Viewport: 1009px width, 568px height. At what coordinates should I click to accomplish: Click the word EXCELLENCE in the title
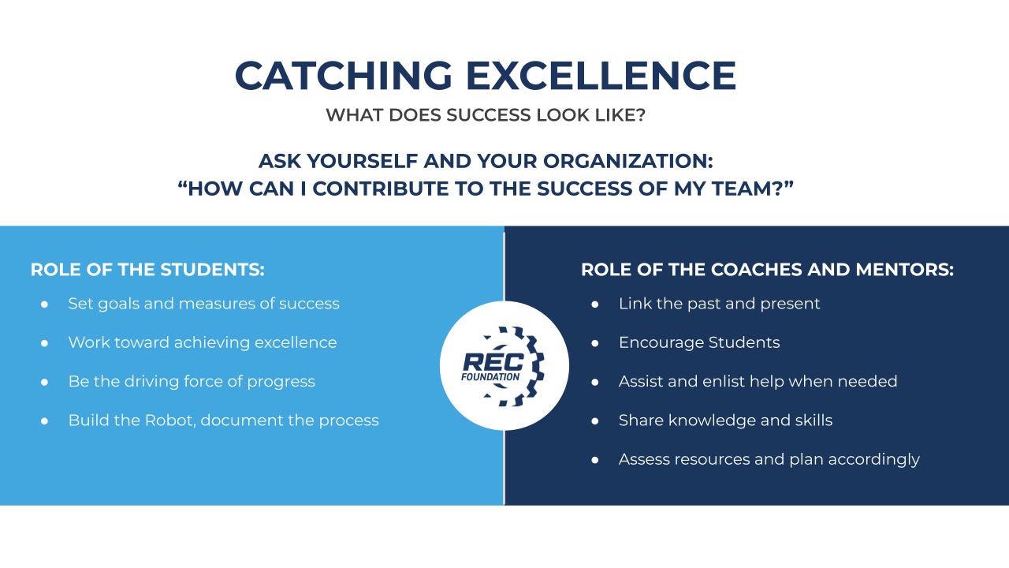[x=601, y=76]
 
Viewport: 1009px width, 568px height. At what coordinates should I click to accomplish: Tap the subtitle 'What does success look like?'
[x=486, y=115]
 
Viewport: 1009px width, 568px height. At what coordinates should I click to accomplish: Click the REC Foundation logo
[x=504, y=365]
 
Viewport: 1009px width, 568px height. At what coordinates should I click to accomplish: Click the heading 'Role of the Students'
[x=147, y=269]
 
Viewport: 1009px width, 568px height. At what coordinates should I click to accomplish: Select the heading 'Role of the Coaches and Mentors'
[x=767, y=269]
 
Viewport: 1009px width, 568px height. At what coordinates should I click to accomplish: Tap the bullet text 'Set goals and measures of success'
[x=203, y=304]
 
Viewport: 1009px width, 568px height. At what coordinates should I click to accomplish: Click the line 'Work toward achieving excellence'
[x=202, y=342]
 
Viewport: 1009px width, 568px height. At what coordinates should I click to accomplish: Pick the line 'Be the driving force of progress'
[x=192, y=381]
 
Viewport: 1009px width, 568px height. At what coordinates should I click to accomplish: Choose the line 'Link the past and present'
[x=719, y=304]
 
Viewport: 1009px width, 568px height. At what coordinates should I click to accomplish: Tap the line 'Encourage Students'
[x=699, y=342]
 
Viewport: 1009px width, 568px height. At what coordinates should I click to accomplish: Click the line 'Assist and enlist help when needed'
[x=758, y=381]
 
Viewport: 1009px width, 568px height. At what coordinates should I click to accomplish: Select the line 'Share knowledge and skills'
[x=725, y=420]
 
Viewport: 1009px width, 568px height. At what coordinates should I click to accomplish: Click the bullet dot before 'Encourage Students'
[x=596, y=343]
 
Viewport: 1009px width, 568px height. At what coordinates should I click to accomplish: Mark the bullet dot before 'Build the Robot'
[x=45, y=420]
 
